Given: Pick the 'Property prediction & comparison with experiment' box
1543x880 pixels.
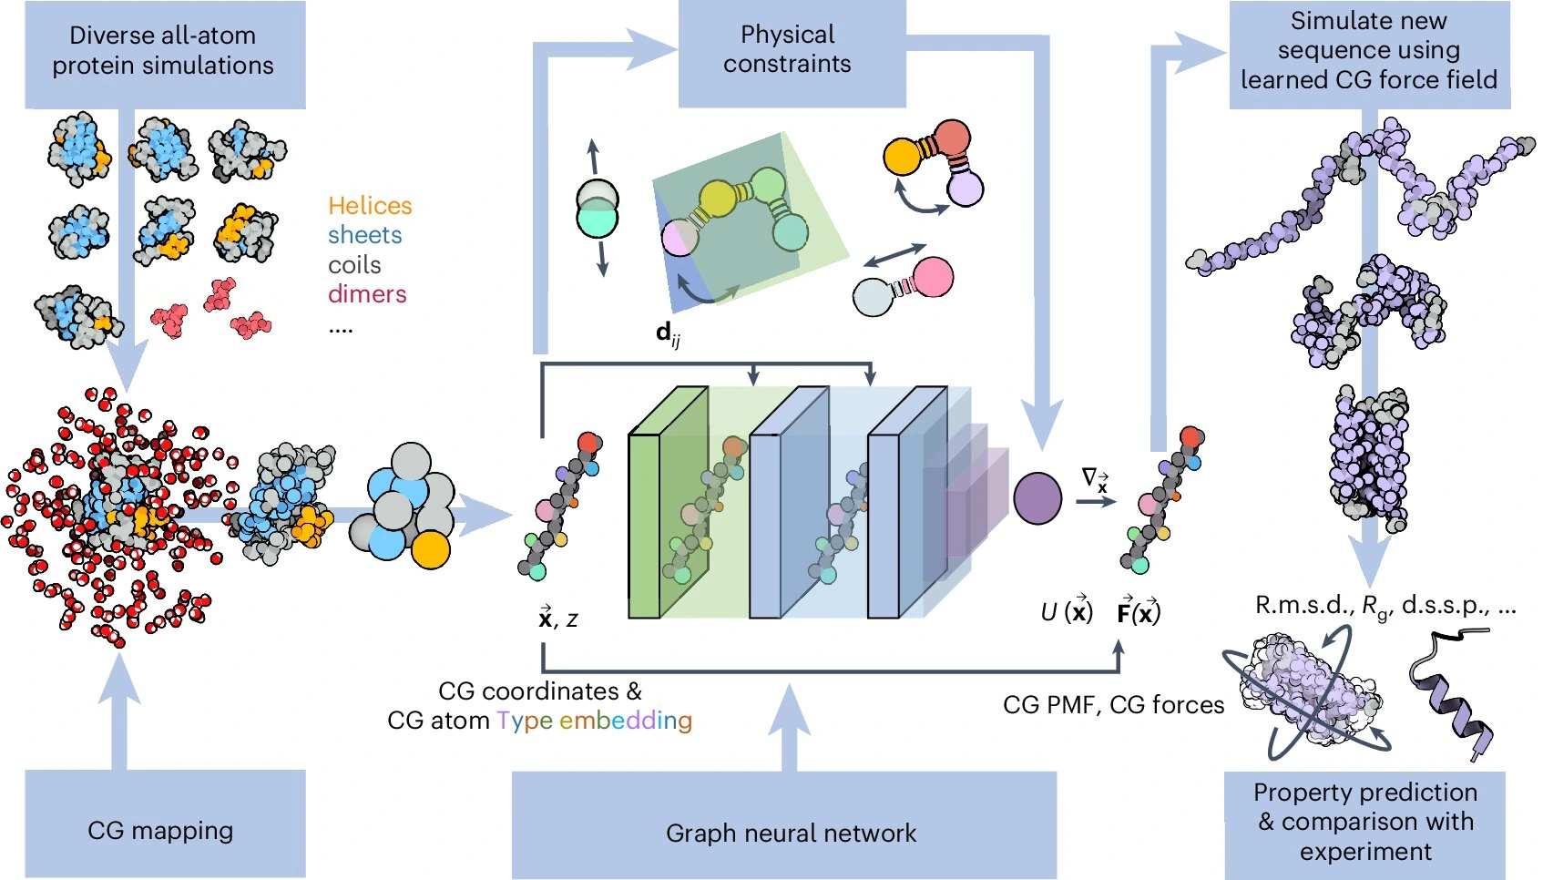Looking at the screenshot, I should tap(1364, 823).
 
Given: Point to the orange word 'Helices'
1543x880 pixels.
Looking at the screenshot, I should tap(370, 206).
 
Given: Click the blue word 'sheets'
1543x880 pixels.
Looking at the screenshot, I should tap(364, 235).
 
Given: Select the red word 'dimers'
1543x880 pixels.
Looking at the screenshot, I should tap(367, 294).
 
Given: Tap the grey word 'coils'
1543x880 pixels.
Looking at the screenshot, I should tap(354, 265).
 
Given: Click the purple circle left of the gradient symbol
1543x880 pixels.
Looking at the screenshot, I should tap(1037, 498).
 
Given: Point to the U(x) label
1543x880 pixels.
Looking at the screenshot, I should tap(1067, 612).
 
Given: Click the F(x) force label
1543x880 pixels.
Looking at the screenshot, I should tap(1139, 612).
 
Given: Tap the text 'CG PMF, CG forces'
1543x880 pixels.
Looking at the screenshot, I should tap(1113, 705).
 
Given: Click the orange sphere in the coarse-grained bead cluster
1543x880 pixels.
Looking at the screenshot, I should tap(430, 549).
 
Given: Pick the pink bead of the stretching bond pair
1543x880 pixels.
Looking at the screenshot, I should tap(932, 277).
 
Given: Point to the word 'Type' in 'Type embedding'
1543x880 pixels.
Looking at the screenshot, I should tap(525, 721).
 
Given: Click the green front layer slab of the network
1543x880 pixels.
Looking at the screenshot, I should tap(644, 527).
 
